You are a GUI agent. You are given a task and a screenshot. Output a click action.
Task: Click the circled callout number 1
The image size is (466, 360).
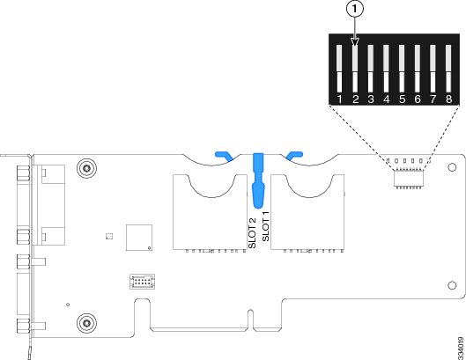(x=354, y=9)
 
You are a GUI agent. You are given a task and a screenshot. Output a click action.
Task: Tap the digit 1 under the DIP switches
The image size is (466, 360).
(x=339, y=99)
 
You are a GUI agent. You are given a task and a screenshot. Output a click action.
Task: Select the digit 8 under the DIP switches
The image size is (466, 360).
(x=448, y=99)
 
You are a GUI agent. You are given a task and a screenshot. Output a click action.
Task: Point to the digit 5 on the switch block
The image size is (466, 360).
(x=402, y=99)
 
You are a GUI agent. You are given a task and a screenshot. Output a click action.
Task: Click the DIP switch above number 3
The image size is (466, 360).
(x=370, y=69)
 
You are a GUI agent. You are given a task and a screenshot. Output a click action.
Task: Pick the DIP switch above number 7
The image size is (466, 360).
(x=433, y=69)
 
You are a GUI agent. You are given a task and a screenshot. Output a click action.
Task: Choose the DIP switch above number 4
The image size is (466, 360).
(x=386, y=69)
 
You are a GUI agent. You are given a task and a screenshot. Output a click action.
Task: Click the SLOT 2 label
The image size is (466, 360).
(x=252, y=233)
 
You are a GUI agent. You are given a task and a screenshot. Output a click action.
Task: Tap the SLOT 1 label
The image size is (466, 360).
(x=265, y=226)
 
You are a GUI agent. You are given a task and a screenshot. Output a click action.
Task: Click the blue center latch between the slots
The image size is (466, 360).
(x=258, y=180)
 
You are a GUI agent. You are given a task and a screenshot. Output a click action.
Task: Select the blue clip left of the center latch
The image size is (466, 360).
(x=225, y=157)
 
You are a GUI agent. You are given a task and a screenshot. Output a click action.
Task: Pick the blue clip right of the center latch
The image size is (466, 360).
(x=294, y=156)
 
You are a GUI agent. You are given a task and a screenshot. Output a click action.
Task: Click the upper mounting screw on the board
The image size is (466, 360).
(x=86, y=168)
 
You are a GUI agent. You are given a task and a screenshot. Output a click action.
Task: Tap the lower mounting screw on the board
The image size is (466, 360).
(x=86, y=322)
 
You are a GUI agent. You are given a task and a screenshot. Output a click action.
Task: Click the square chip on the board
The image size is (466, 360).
(x=139, y=238)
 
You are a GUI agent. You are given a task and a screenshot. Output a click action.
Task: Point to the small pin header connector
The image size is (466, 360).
(x=142, y=282)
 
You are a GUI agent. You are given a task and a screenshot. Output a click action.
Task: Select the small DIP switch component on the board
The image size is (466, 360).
(x=409, y=178)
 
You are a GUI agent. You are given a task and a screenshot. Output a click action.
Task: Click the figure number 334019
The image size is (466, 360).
(x=461, y=348)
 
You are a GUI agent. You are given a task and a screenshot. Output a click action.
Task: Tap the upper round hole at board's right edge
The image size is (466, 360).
(x=452, y=167)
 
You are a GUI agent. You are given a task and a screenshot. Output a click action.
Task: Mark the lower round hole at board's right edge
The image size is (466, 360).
(x=452, y=285)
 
